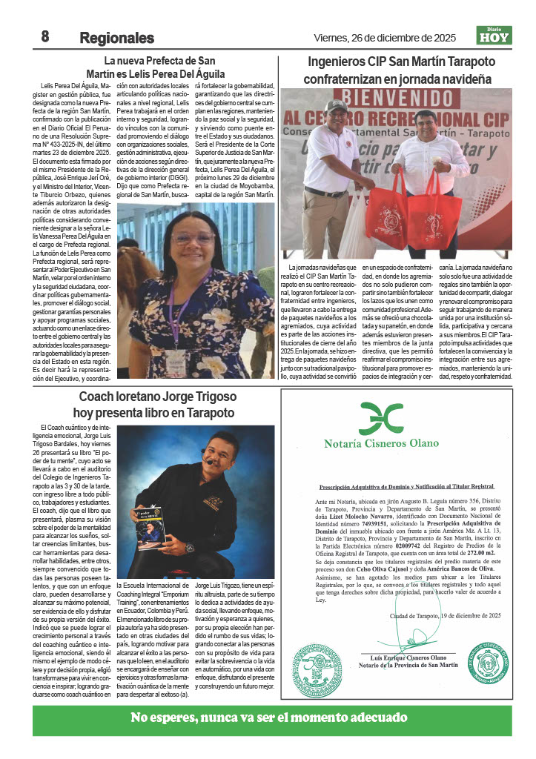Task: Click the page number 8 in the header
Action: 44,36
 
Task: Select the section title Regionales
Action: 116,38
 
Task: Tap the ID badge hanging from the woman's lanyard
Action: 176,359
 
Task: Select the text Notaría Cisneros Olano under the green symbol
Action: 381,444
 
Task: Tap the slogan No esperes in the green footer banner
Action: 268,717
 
